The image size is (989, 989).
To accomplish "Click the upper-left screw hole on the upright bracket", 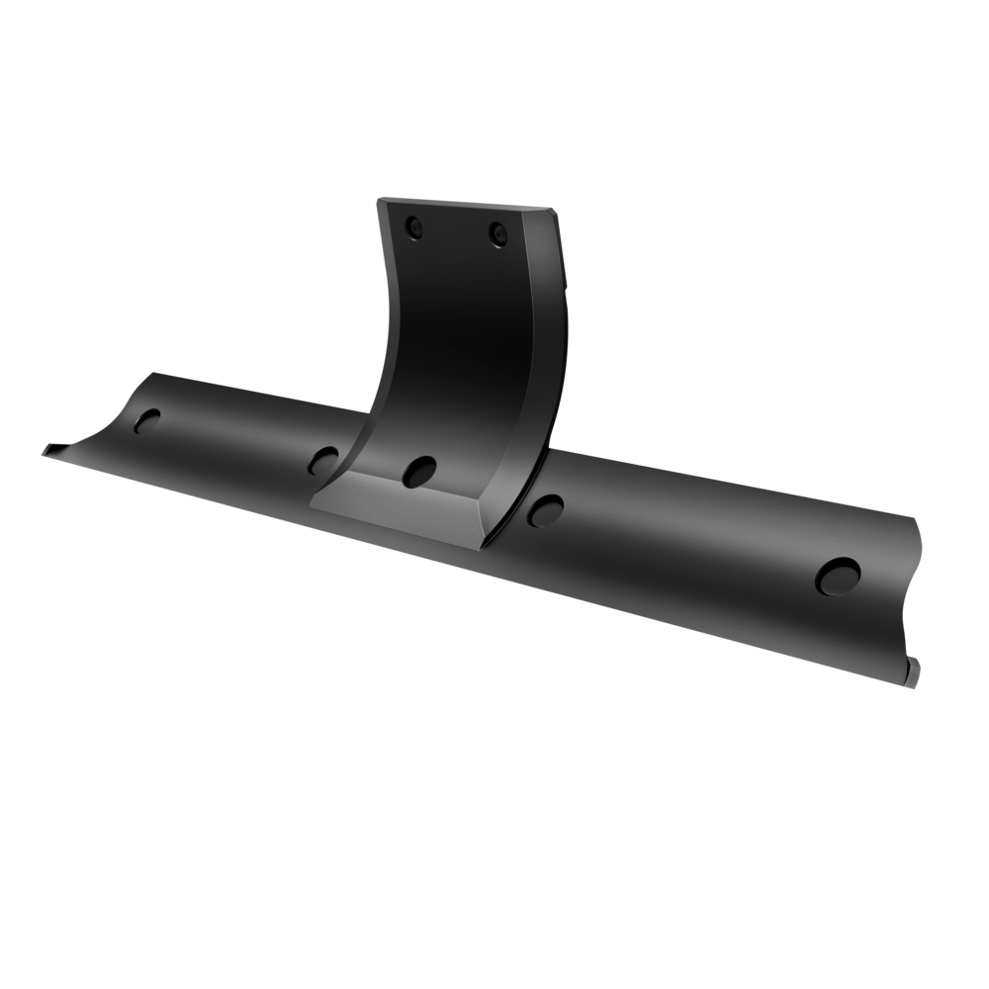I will click(x=413, y=228).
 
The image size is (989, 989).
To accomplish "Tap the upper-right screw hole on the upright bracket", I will click(x=497, y=234).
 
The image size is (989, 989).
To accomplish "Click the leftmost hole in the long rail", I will click(x=147, y=421).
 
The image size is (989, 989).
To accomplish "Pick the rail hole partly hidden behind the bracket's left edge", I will click(x=323, y=459).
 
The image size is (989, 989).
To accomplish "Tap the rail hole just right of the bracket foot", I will click(x=543, y=509).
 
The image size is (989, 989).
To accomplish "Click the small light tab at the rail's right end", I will click(x=916, y=664).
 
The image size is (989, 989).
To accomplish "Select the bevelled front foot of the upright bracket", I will click(x=401, y=509).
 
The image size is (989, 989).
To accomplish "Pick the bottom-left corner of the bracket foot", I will click(x=311, y=506).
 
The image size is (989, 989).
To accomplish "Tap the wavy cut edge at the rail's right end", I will click(x=915, y=593).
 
